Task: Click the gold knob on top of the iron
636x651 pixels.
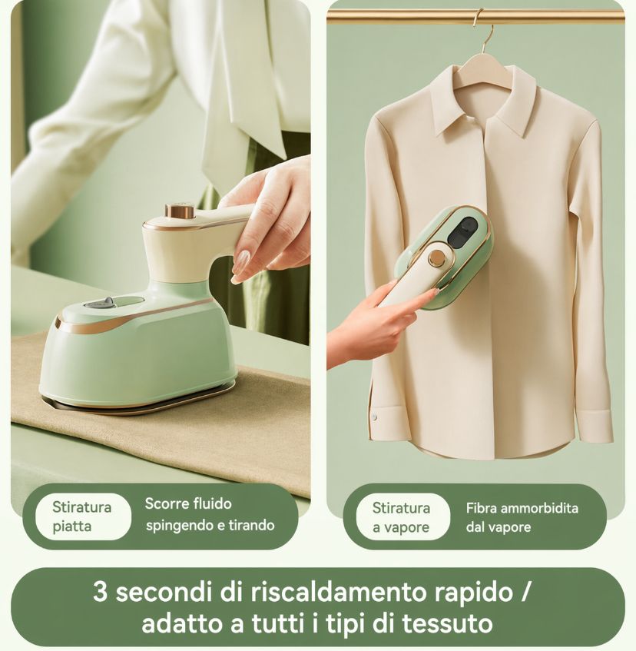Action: tap(180, 211)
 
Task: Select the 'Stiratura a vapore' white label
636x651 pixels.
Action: tap(400, 517)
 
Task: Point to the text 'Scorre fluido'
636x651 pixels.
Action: tap(188, 505)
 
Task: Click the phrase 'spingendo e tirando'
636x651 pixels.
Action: tap(210, 526)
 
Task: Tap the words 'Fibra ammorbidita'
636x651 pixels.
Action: tap(522, 508)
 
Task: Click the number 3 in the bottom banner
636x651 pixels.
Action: tap(101, 593)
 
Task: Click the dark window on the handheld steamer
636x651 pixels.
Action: tap(463, 231)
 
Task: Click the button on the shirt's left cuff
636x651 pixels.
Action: tap(375, 417)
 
